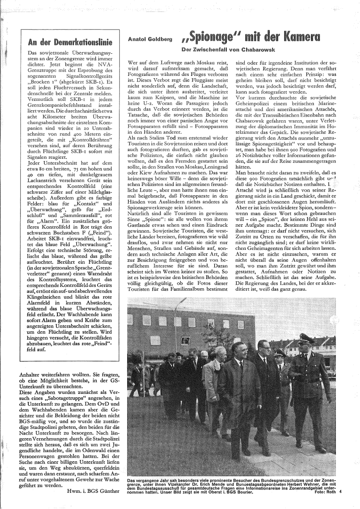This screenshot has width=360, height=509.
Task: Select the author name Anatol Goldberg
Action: pyautogui.click(x=150, y=40)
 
